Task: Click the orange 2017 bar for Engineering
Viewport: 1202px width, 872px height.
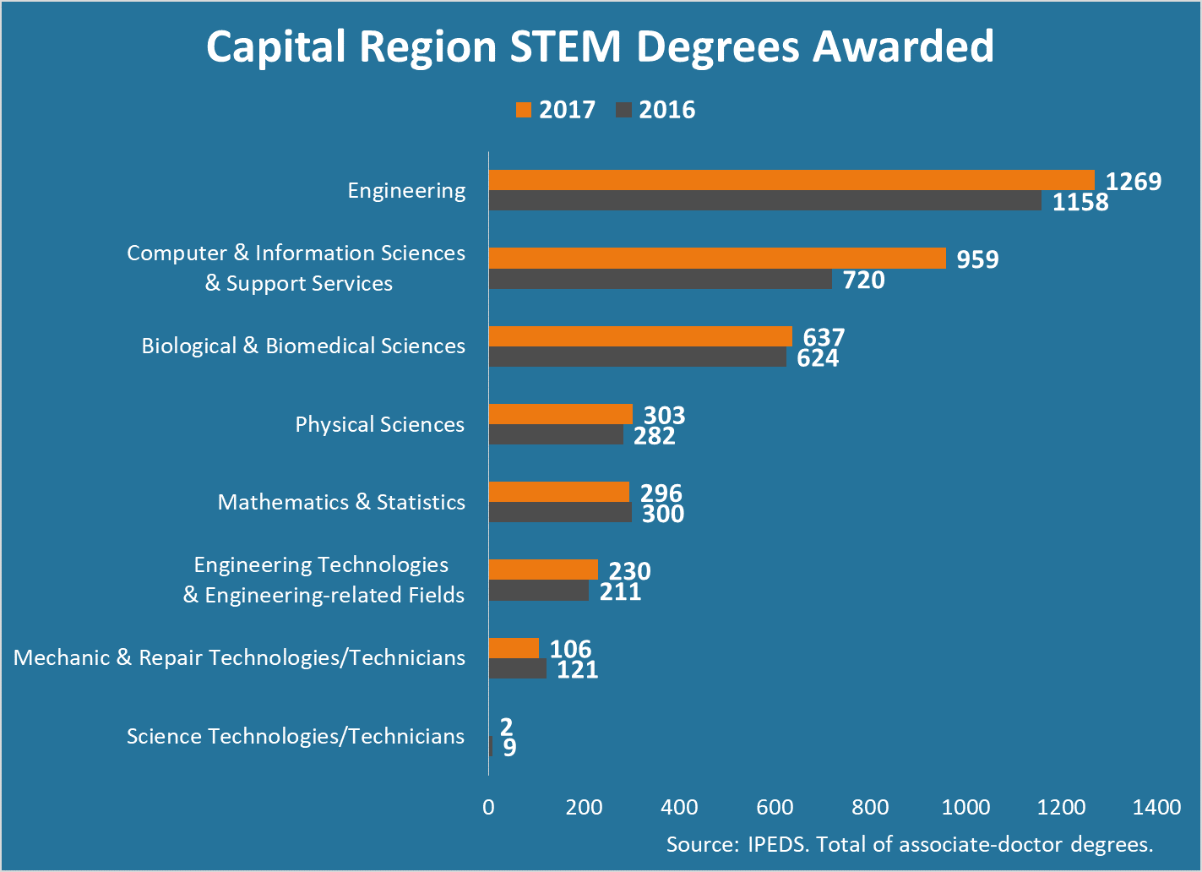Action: pyautogui.click(x=791, y=180)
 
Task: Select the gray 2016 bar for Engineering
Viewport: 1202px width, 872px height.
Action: pyautogui.click(x=765, y=201)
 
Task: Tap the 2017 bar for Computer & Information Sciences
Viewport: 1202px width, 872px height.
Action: pyautogui.click(x=717, y=259)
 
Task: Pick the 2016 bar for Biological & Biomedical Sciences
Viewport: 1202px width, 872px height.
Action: pyautogui.click(x=638, y=357)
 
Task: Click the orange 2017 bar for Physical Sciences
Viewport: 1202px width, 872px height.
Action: pyautogui.click(x=561, y=414)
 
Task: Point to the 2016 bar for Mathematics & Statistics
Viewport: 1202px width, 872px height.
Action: pyautogui.click(x=560, y=513)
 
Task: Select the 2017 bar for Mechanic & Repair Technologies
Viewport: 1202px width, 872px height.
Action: pyautogui.click(x=514, y=648)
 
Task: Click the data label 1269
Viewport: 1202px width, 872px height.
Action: pyautogui.click(x=1134, y=182)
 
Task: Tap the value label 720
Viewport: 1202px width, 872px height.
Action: pyautogui.click(x=863, y=280)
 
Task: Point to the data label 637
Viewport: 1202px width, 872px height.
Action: pyautogui.click(x=824, y=337)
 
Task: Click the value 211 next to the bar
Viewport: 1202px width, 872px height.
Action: pyautogui.click(x=621, y=591)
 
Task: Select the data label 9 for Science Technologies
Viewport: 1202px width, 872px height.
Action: pyautogui.click(x=509, y=748)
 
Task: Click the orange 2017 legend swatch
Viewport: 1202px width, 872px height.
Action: pyautogui.click(x=524, y=110)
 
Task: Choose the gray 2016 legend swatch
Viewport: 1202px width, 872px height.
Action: pyautogui.click(x=624, y=110)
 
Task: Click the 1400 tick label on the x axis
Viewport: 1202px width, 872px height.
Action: pyautogui.click(x=1156, y=807)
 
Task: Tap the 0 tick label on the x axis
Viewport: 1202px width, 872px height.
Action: pyautogui.click(x=488, y=807)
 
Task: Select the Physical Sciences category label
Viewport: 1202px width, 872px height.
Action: pyautogui.click(x=379, y=424)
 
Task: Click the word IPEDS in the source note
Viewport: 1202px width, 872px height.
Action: pyautogui.click(x=775, y=844)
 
